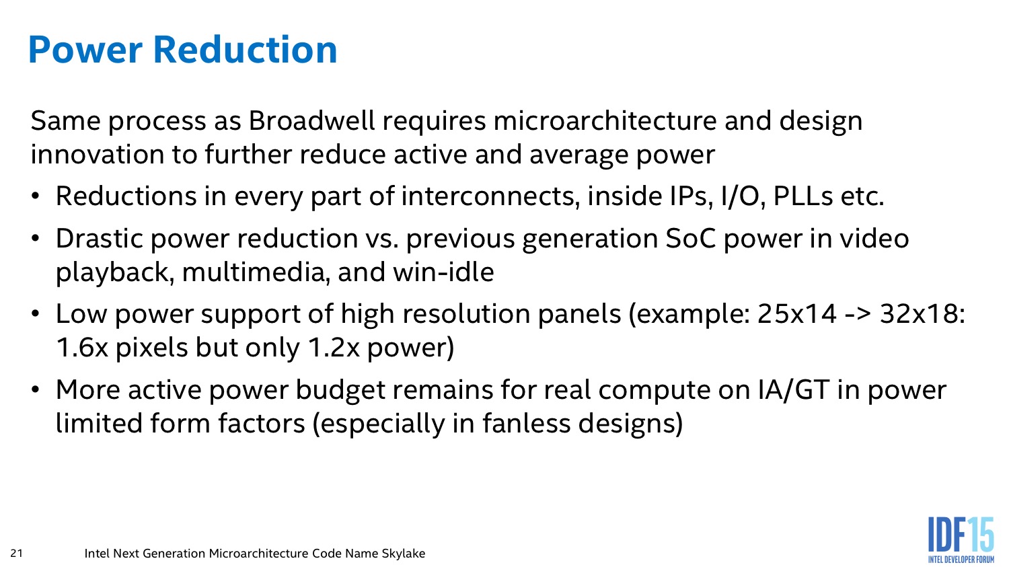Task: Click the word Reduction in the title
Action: click(245, 50)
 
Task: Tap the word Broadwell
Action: click(311, 120)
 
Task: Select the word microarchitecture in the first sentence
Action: click(605, 120)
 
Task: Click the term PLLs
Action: click(802, 196)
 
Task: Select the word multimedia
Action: click(254, 272)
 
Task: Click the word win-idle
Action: click(443, 272)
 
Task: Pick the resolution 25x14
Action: click(797, 314)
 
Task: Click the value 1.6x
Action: click(83, 348)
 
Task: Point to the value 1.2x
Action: click(334, 348)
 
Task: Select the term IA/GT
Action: click(794, 390)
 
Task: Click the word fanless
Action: click(526, 424)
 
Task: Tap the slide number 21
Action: click(16, 553)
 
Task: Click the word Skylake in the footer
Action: click(403, 553)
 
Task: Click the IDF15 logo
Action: click(961, 539)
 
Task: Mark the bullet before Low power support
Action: click(36, 314)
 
